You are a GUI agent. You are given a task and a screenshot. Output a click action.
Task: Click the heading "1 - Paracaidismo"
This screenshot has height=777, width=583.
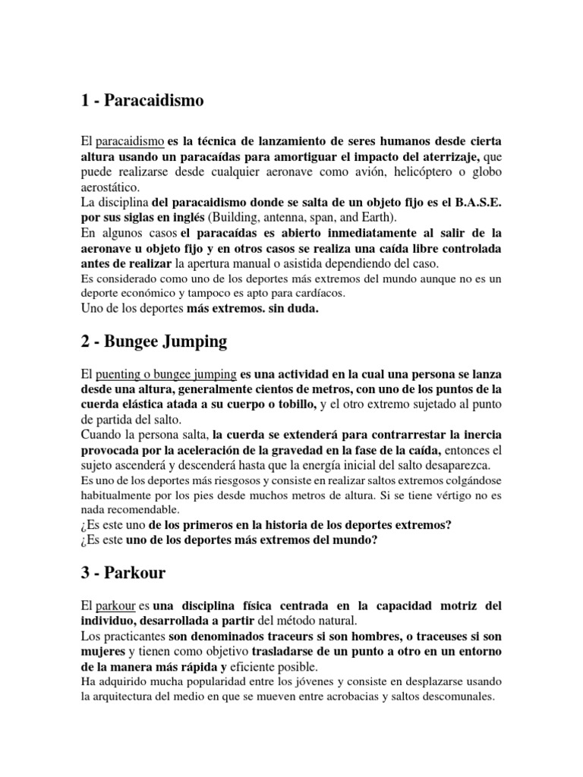pyautogui.click(x=143, y=101)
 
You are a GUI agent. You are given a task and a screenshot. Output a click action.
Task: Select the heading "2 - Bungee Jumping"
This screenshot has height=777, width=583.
pyautogui.click(x=153, y=341)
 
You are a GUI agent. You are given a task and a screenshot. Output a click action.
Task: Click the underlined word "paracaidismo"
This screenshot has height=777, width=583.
pyautogui.click(x=132, y=141)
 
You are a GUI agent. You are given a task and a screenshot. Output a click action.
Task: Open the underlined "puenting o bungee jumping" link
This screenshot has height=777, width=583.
pyautogui.click(x=166, y=374)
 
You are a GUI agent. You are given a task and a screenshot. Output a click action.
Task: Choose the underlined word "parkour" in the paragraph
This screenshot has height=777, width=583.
pyautogui.click(x=116, y=606)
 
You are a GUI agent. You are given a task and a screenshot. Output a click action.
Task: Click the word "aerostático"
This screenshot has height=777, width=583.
pyautogui.click(x=110, y=187)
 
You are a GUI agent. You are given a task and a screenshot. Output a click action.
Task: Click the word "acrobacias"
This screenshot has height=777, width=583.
pyautogui.click(x=360, y=697)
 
